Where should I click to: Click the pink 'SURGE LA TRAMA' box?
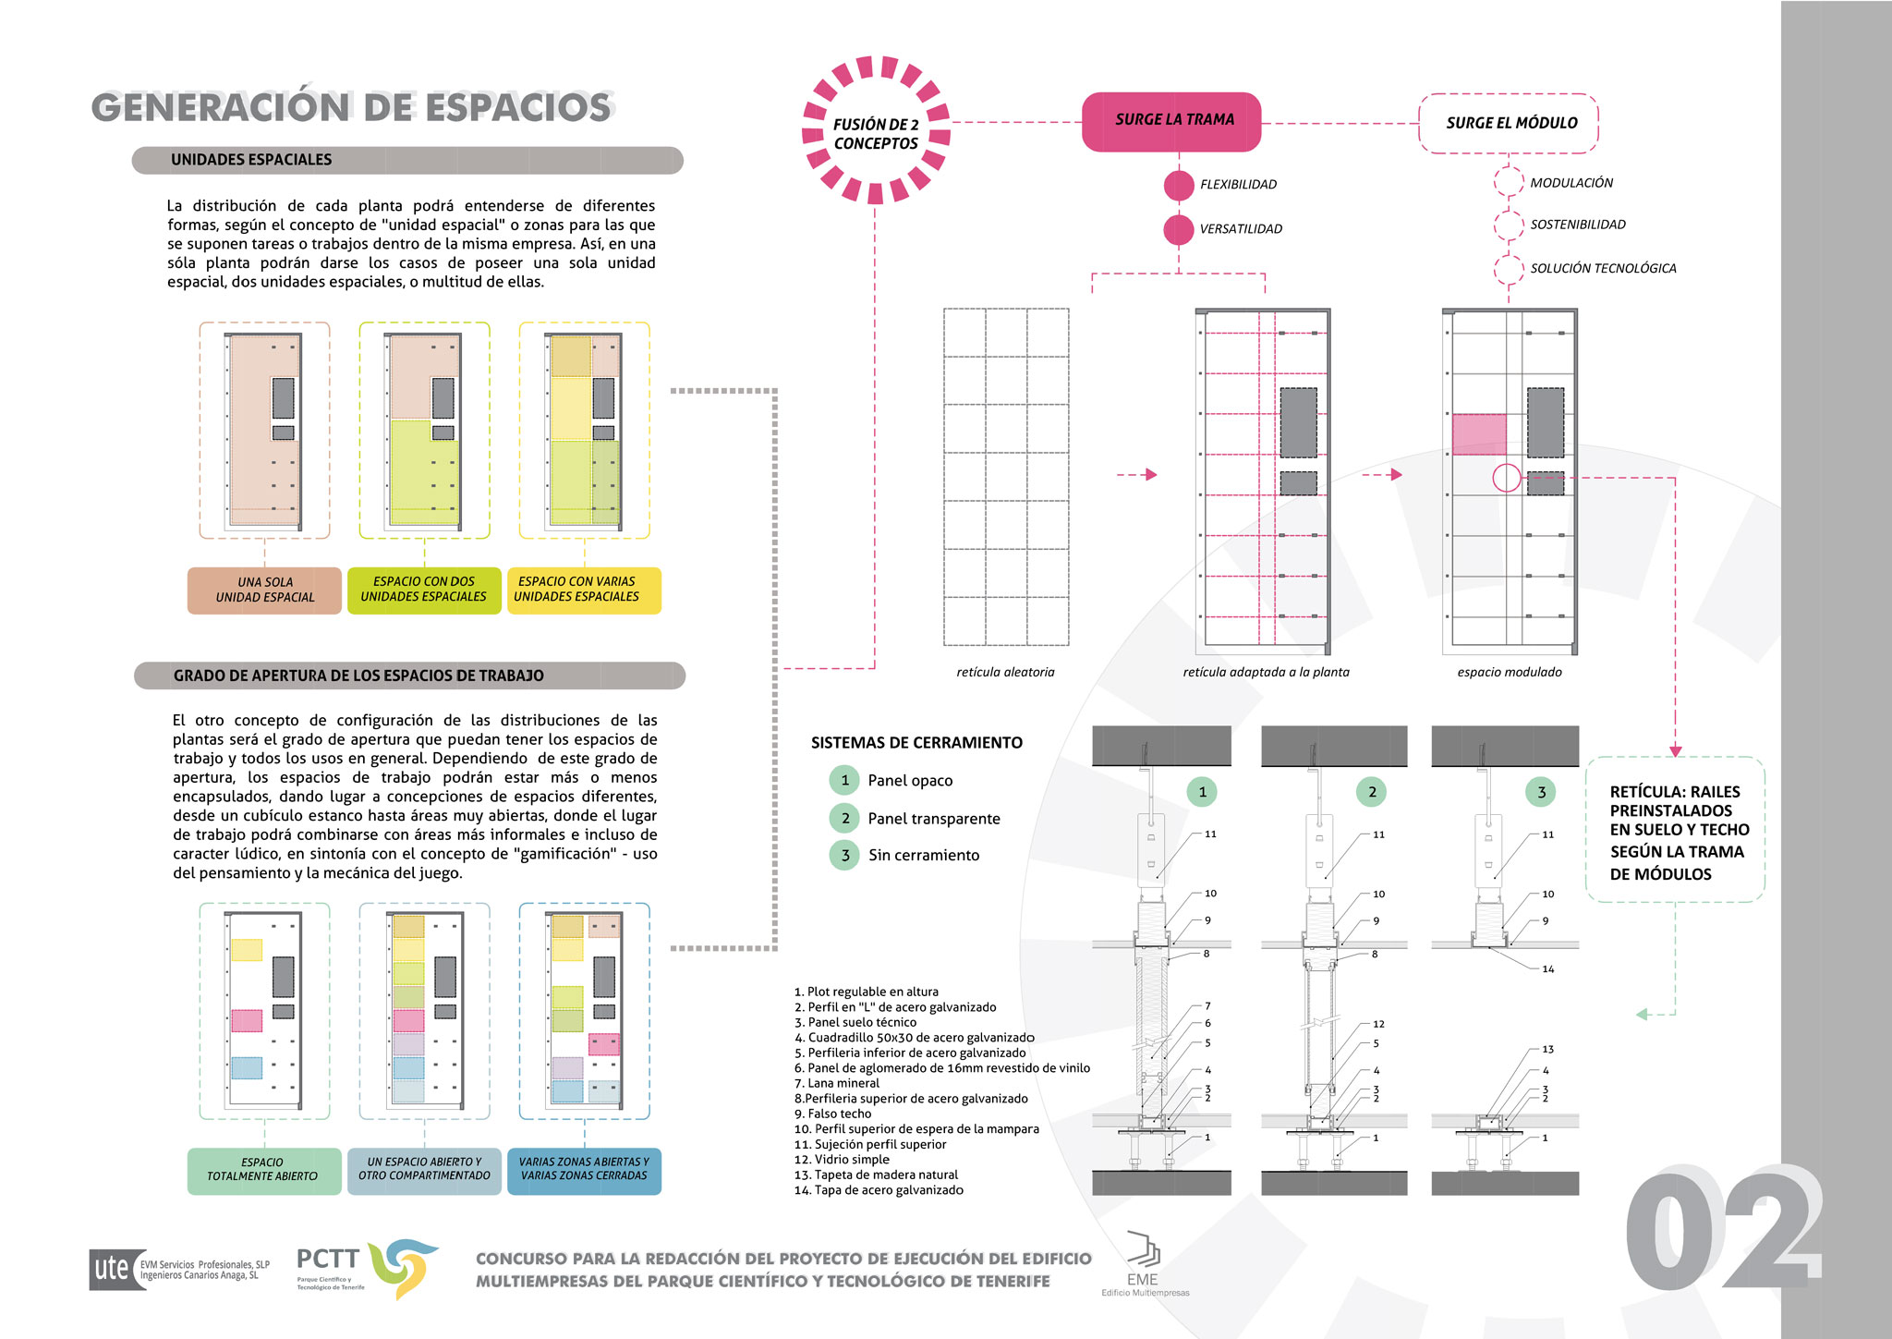(x=1171, y=121)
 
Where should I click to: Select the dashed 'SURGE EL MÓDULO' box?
(x=1509, y=123)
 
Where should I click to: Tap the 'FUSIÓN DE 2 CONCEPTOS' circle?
(x=875, y=131)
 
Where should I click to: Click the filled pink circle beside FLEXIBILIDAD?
(x=1179, y=185)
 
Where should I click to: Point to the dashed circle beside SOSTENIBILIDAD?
(x=1509, y=225)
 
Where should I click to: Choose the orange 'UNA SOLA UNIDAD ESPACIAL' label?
(x=264, y=590)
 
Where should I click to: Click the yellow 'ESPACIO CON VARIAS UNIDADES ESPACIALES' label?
(x=584, y=590)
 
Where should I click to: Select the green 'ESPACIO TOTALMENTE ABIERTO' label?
(x=264, y=1170)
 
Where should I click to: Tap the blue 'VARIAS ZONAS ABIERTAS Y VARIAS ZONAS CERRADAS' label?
(x=584, y=1170)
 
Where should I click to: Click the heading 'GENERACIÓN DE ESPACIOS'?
(x=351, y=107)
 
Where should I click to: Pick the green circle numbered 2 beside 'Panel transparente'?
(x=844, y=818)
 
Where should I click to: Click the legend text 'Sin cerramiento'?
(x=924, y=856)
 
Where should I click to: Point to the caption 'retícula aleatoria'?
(x=1005, y=673)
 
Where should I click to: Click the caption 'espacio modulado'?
(x=1510, y=673)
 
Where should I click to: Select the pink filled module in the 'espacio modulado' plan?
(x=1479, y=434)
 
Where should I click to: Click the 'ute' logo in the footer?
(x=112, y=1269)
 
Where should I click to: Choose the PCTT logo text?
(x=327, y=1259)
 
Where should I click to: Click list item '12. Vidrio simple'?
(x=842, y=1160)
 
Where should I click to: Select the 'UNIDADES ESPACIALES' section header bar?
(x=407, y=160)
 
